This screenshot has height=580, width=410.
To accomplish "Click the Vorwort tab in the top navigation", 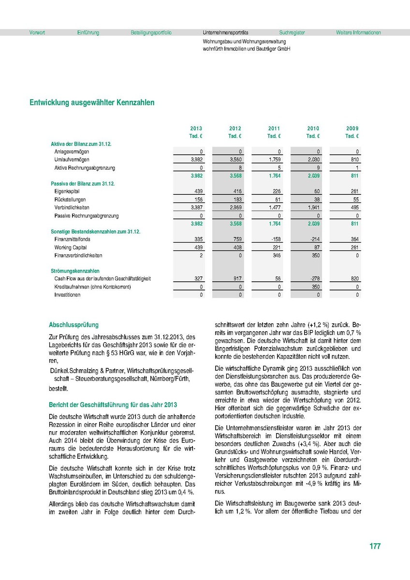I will pos(37,33).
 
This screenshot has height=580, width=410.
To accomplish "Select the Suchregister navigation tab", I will pos(292,33).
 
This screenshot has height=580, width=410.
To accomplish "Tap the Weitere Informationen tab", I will pos(358,33).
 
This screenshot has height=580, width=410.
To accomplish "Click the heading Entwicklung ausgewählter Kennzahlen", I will pos(92,103).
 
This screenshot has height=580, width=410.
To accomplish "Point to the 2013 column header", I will pos(196,129).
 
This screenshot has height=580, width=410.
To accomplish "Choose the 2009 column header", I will pos(352,129).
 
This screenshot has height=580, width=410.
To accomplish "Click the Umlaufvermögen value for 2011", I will pos(275,159).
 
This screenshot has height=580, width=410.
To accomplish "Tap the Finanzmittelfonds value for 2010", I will pos(314,239).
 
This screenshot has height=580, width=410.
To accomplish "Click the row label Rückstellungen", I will pos(70,200).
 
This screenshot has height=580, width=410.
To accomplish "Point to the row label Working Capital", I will pos(71,247).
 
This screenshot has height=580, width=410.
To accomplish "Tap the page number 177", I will pos(375,547).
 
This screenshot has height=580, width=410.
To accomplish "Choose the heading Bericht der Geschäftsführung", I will pos(113,405).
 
